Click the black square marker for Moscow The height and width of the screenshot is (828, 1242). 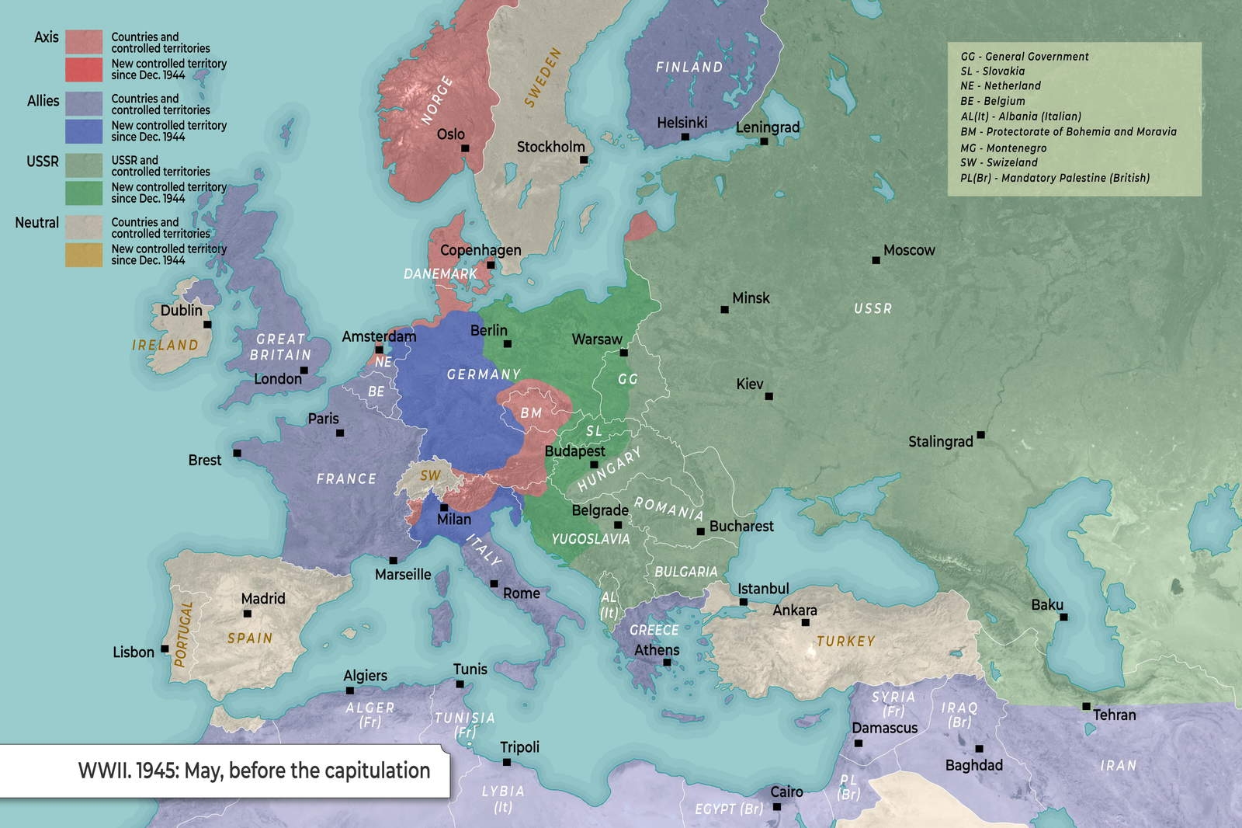click(876, 260)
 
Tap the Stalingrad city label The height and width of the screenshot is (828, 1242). click(940, 442)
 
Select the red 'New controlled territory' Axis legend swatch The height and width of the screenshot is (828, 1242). click(84, 69)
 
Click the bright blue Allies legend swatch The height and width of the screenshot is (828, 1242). click(84, 130)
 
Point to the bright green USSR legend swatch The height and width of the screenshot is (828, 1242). click(84, 193)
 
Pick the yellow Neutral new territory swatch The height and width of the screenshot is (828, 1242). click(84, 255)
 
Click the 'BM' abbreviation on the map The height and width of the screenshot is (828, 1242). click(531, 412)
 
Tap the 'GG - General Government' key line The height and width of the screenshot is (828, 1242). click(1024, 57)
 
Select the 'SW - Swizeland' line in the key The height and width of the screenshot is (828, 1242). click(998, 162)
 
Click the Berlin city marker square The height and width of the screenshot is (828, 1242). click(507, 343)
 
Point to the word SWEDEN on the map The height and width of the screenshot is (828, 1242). click(542, 77)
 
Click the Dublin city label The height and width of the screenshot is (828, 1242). click(181, 310)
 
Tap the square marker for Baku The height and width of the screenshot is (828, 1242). click(1063, 618)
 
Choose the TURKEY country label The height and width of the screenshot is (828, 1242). click(845, 642)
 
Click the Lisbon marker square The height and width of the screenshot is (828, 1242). click(165, 649)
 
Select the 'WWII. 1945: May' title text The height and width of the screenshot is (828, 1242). click(254, 771)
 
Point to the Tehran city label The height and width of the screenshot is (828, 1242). click(1114, 715)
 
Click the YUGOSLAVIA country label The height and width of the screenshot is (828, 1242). click(590, 538)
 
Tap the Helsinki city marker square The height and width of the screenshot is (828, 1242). click(685, 137)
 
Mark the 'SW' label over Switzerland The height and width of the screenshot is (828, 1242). click(430, 475)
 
